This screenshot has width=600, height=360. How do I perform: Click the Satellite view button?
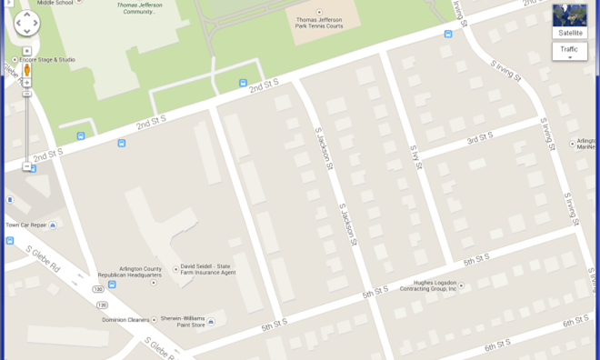[569, 21]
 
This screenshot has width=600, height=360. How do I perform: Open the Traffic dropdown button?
[569, 51]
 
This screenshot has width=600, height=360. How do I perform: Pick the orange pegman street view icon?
[26, 69]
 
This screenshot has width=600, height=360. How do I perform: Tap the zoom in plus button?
[26, 83]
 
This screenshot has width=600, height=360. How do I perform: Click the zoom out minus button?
[26, 166]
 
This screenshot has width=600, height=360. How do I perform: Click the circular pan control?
[26, 23]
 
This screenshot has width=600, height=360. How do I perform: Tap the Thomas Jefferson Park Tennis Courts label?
[319, 24]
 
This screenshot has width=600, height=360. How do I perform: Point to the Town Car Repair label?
[25, 225]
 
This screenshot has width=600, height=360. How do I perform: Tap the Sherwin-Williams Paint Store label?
[182, 321]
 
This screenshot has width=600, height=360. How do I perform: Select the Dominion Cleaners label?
[125, 319]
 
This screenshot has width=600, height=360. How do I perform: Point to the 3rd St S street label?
[479, 138]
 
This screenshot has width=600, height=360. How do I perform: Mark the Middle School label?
[58, 3]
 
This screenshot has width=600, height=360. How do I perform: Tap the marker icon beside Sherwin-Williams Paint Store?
[211, 321]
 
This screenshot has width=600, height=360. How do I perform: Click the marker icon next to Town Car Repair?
[53, 225]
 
